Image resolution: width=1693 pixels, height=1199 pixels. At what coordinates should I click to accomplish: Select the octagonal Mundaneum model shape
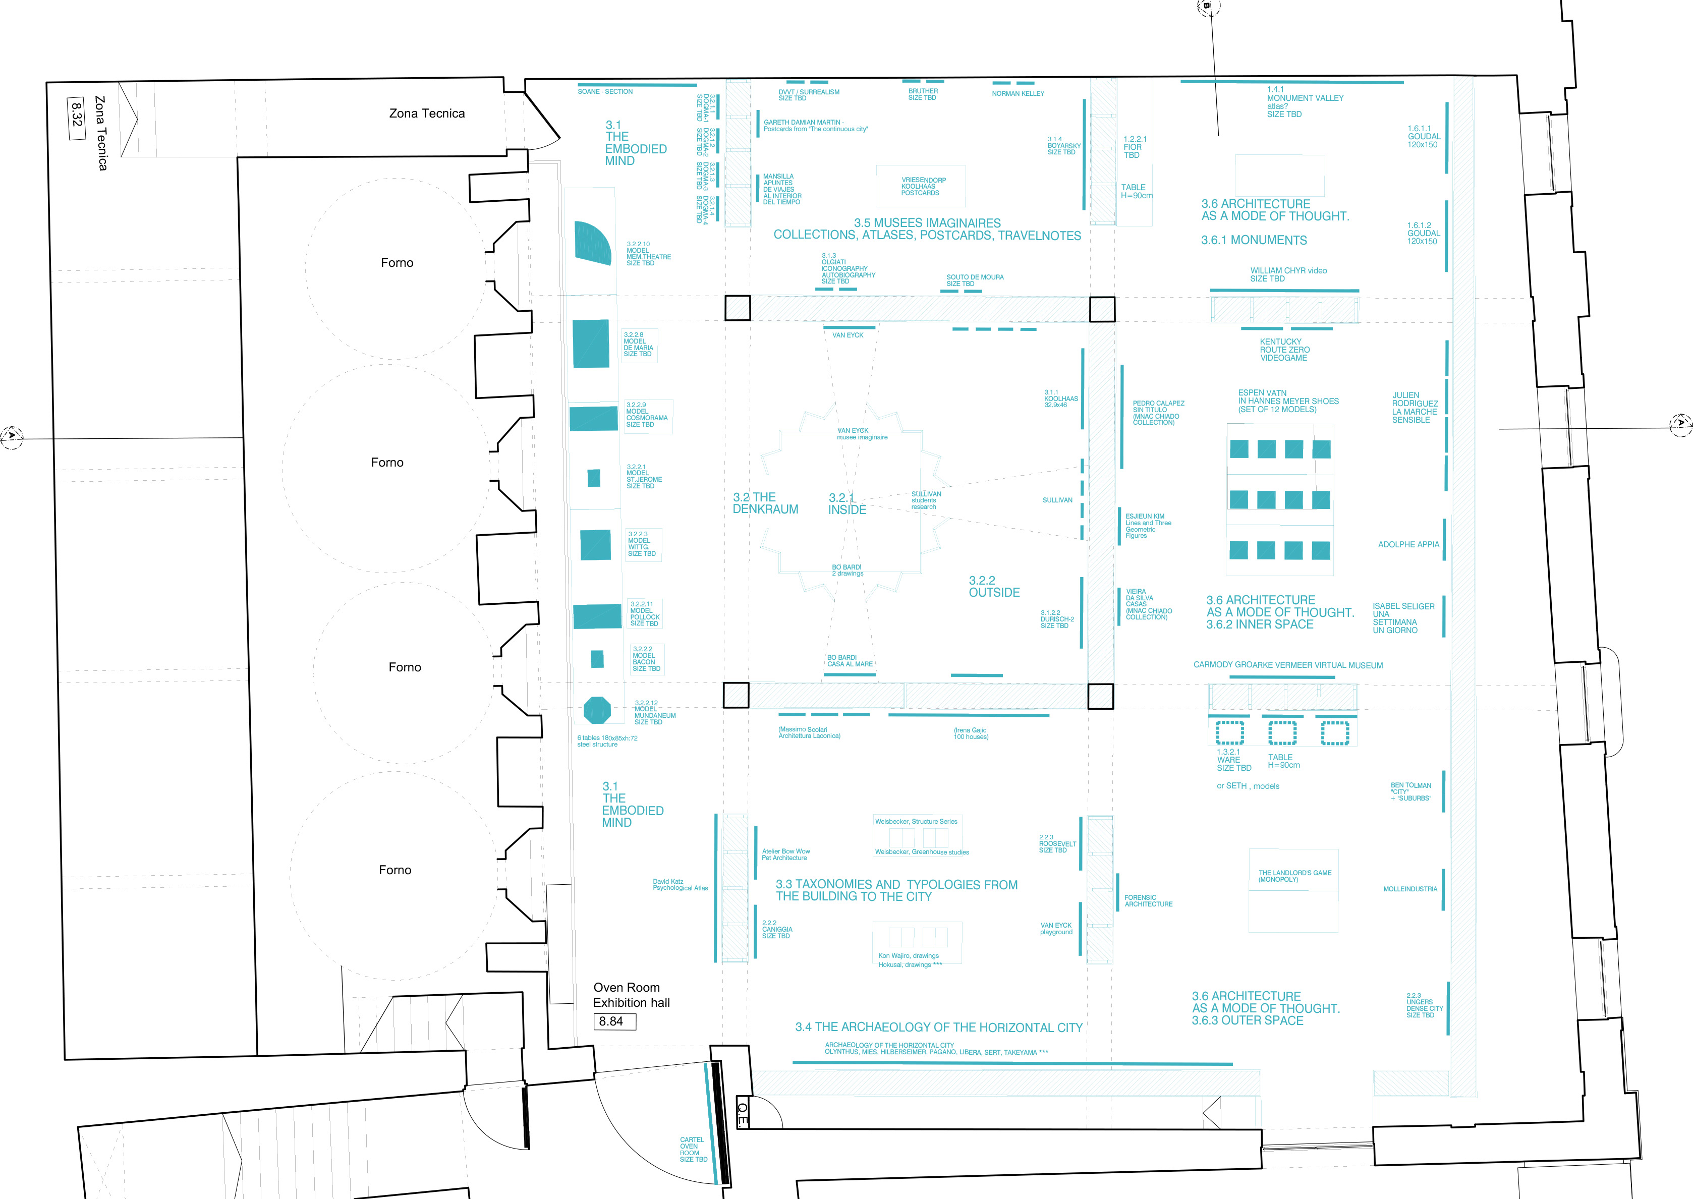tap(597, 710)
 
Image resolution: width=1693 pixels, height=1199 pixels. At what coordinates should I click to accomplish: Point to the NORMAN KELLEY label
tap(1018, 94)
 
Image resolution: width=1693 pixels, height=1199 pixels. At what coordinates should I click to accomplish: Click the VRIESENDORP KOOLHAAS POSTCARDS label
tap(922, 186)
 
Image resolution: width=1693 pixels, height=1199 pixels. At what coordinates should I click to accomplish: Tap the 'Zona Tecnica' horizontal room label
tap(427, 113)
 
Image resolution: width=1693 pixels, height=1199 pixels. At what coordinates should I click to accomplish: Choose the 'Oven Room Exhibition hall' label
tap(631, 995)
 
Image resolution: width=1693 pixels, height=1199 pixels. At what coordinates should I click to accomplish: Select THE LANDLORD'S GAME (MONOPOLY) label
tap(1294, 876)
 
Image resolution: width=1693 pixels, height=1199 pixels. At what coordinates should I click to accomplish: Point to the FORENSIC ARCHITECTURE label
tap(1148, 901)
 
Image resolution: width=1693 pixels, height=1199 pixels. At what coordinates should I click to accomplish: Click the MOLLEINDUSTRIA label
tap(1409, 889)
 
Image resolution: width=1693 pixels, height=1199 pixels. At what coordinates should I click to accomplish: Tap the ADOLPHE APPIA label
tap(1408, 545)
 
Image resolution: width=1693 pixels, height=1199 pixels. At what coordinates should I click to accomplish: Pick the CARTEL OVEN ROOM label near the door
tap(693, 1150)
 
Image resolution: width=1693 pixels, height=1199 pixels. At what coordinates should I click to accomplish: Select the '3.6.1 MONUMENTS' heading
tap(1254, 241)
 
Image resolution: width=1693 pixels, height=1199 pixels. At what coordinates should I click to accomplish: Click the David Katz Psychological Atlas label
tap(679, 884)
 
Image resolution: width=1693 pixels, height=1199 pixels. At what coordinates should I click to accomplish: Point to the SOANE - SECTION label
tap(605, 91)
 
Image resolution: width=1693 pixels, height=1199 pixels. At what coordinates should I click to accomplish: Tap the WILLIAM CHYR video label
tap(1287, 274)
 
